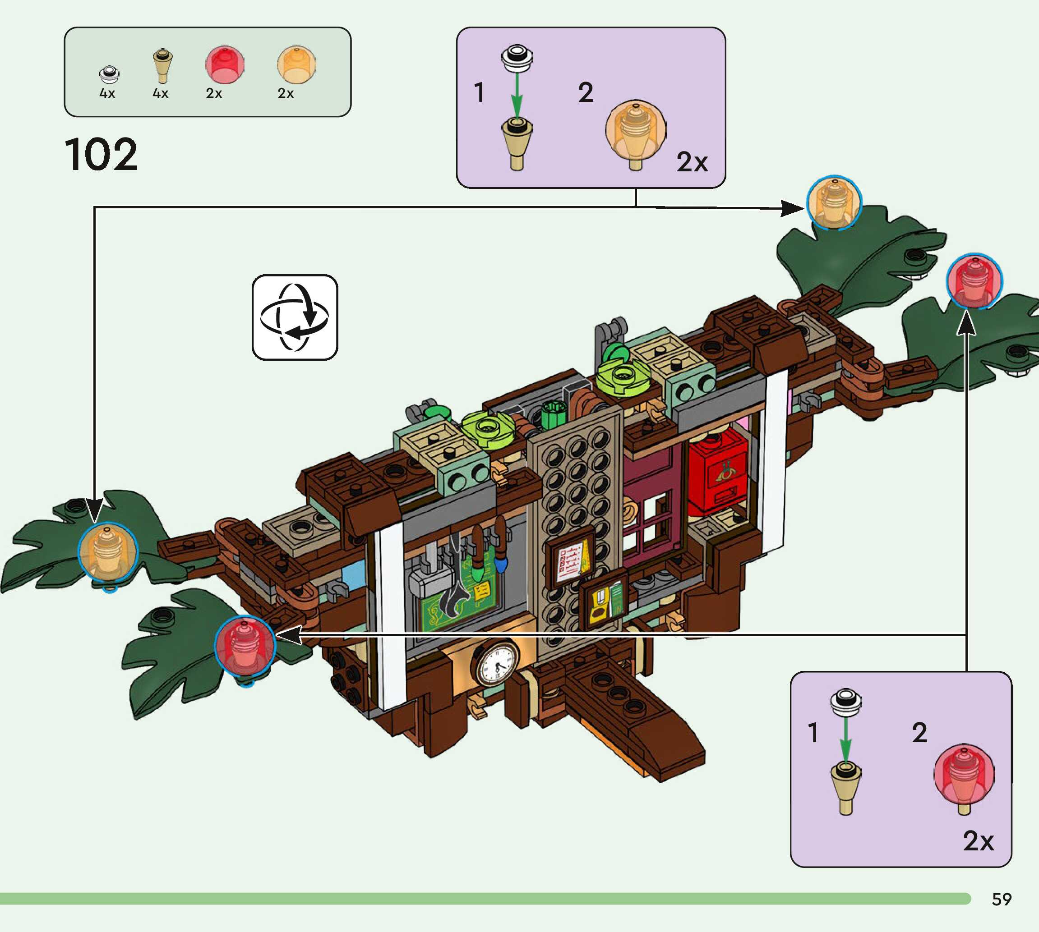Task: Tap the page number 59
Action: [1001, 899]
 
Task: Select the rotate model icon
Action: [295, 317]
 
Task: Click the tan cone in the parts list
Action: [162, 65]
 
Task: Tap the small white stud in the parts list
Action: [109, 74]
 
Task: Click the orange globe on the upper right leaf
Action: [834, 203]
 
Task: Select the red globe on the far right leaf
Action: [974, 280]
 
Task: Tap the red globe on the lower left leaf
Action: [245, 646]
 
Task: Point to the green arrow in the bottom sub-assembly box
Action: [845, 739]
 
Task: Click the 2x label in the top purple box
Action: [692, 162]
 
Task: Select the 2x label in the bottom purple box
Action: [978, 841]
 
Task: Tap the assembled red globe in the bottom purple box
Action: [964, 775]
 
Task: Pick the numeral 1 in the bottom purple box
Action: [813, 732]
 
